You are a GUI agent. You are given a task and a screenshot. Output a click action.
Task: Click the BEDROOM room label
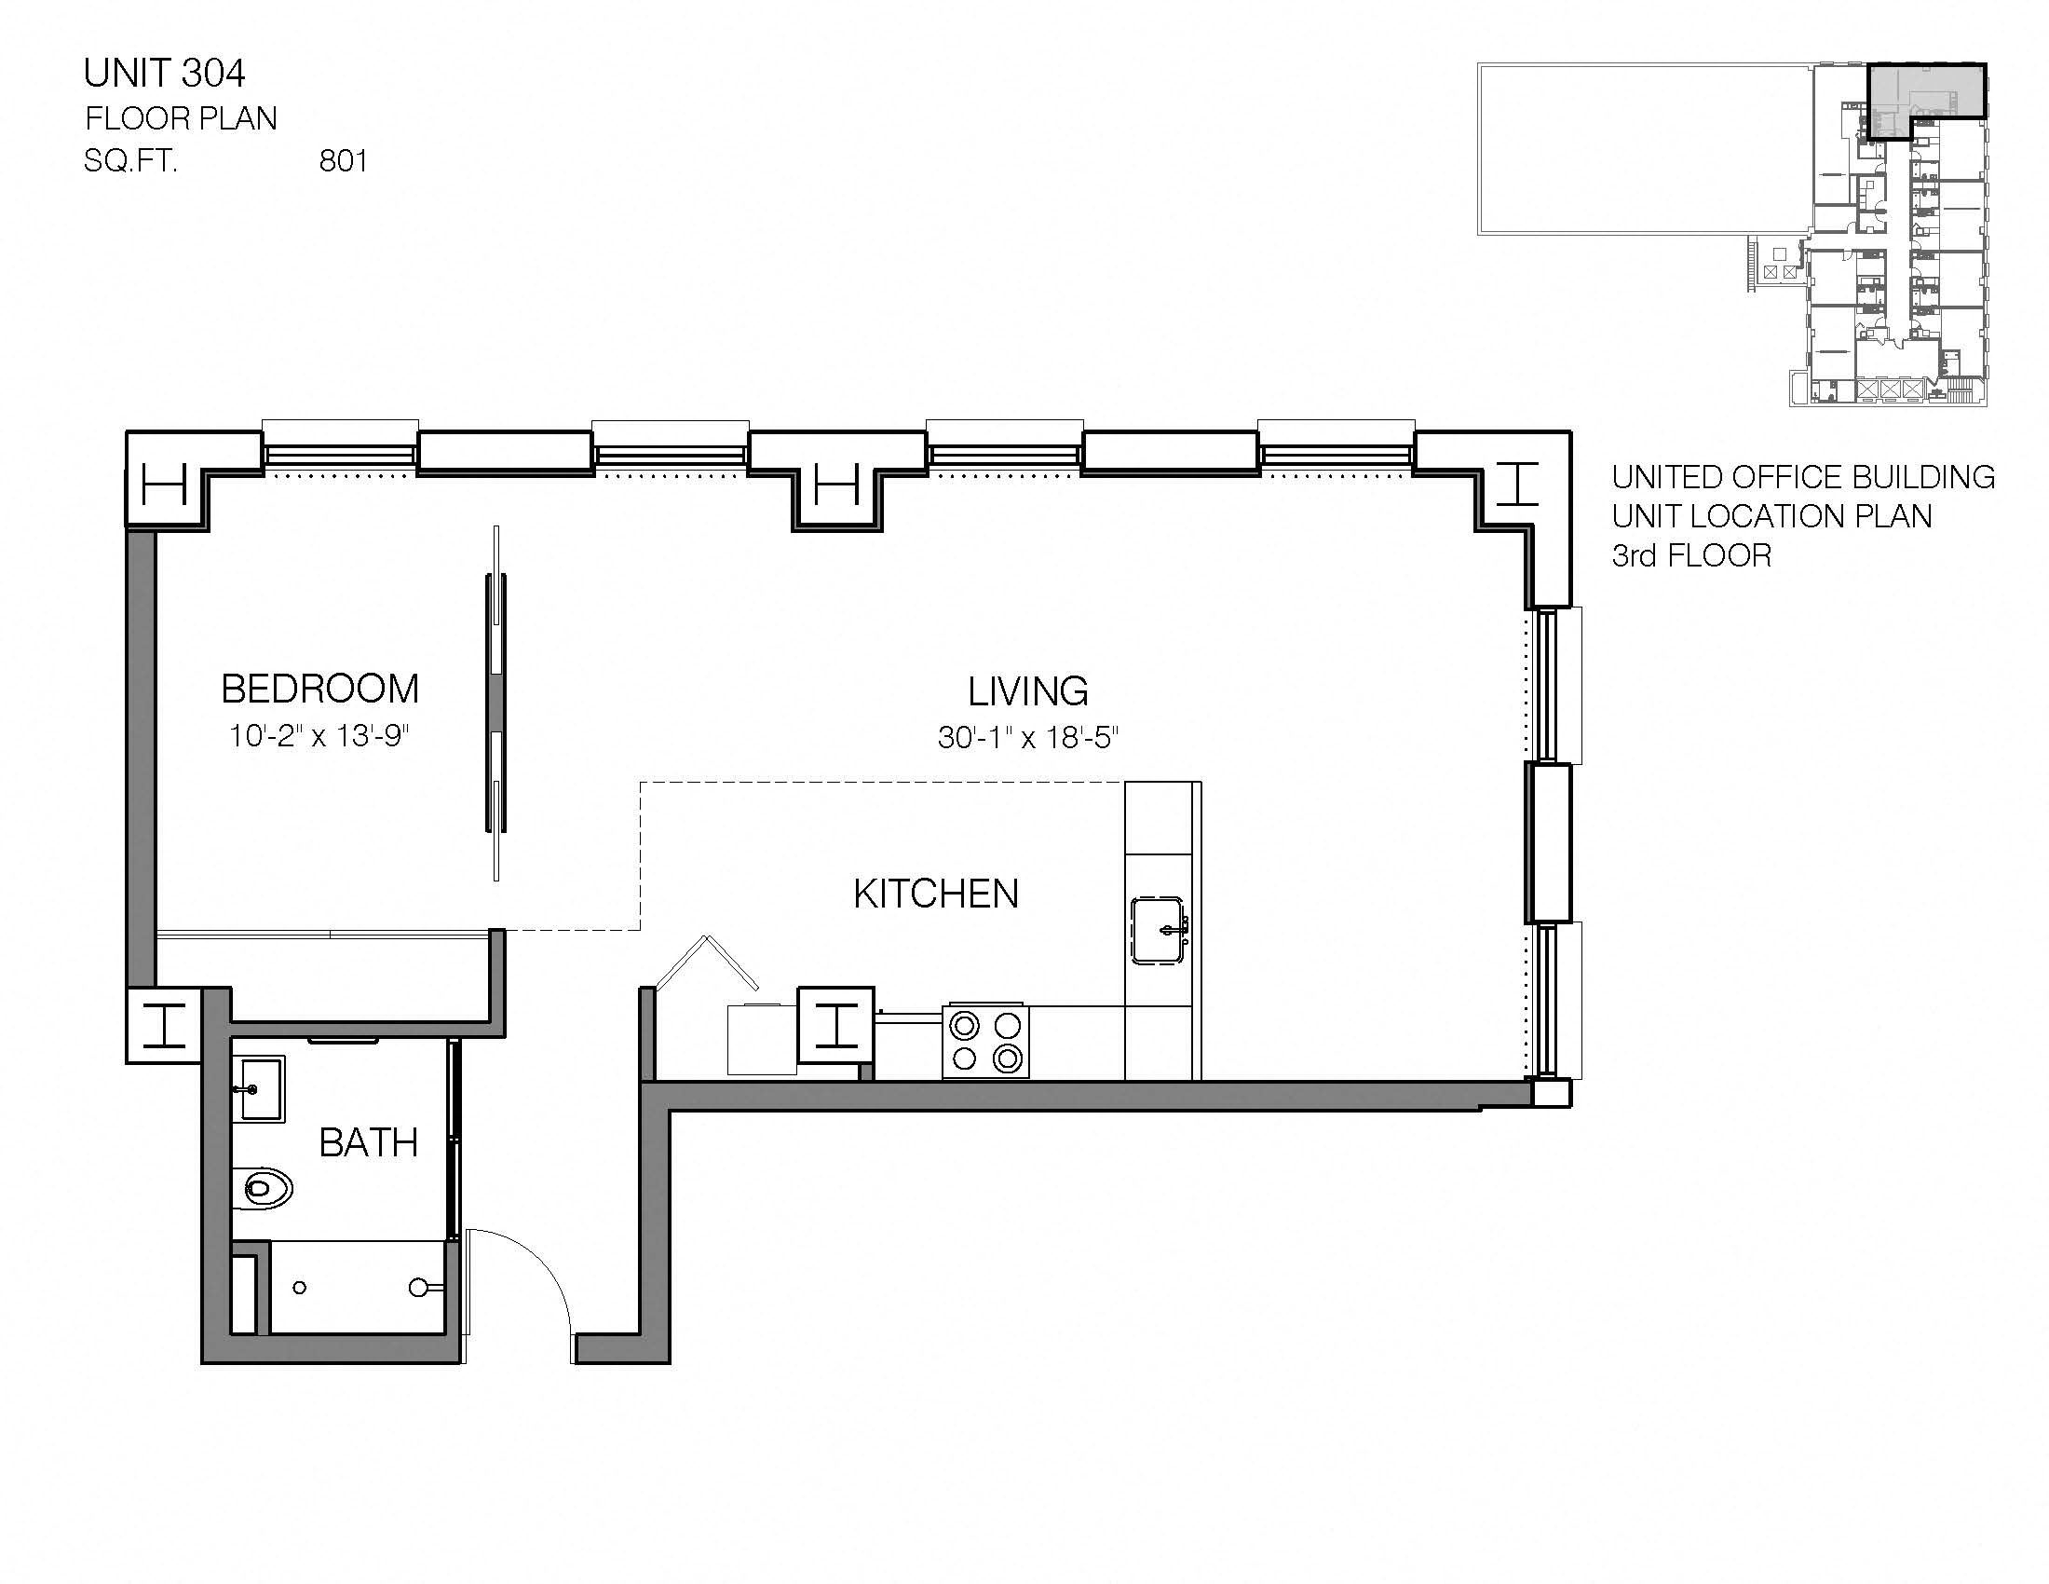coord(319,690)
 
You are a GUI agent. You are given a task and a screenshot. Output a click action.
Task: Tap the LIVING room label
coord(1028,692)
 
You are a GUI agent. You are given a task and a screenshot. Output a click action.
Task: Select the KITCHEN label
coord(935,894)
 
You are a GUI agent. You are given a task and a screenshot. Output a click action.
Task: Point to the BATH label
coord(368,1143)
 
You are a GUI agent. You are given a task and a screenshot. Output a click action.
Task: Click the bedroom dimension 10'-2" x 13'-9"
coord(319,736)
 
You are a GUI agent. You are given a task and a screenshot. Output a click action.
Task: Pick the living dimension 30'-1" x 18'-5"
coord(1028,739)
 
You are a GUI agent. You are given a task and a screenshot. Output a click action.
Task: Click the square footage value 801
coord(344,161)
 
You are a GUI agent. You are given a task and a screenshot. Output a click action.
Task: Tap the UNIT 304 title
coord(164,74)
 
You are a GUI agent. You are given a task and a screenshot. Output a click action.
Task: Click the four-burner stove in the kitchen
coord(985,1043)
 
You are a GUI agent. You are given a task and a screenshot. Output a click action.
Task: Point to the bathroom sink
coord(258,1088)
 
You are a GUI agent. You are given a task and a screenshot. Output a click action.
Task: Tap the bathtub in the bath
coord(357,1288)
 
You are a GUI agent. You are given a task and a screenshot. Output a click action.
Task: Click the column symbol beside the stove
coord(836,1026)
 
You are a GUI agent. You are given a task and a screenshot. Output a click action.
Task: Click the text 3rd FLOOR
coord(1691,556)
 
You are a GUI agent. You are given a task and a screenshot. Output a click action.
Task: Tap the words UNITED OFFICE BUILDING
coord(1802,478)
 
